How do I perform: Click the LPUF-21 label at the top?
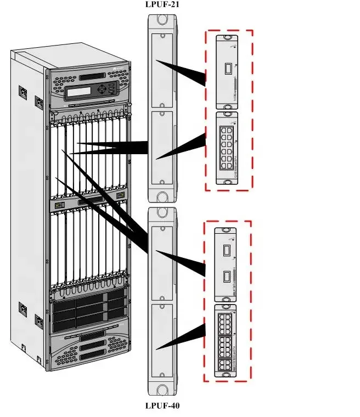[x=162, y=4]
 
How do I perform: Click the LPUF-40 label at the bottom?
[x=162, y=406]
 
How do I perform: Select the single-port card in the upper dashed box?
[x=227, y=72]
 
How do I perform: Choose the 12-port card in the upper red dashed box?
[x=227, y=148]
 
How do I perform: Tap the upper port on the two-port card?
[x=226, y=251]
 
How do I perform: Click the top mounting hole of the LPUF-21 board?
[x=162, y=19]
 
